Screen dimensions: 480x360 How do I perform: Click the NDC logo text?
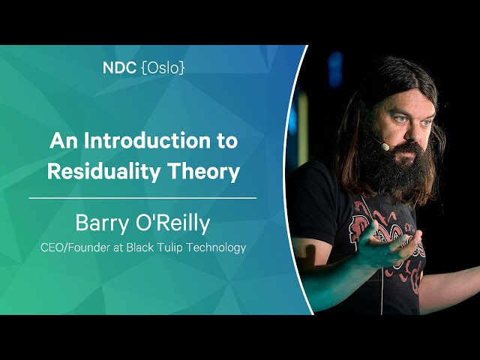click(x=119, y=67)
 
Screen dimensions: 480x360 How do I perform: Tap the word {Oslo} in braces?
click(x=163, y=68)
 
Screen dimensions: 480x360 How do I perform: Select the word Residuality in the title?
click(x=103, y=172)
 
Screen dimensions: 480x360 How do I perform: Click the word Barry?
click(x=102, y=223)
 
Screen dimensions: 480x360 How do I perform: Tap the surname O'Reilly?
click(x=172, y=223)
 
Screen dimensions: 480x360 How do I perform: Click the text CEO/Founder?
click(x=75, y=247)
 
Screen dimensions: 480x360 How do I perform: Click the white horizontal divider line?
click(x=142, y=198)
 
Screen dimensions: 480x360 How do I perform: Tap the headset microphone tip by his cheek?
click(x=385, y=147)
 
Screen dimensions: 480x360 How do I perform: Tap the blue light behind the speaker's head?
click(x=335, y=69)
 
